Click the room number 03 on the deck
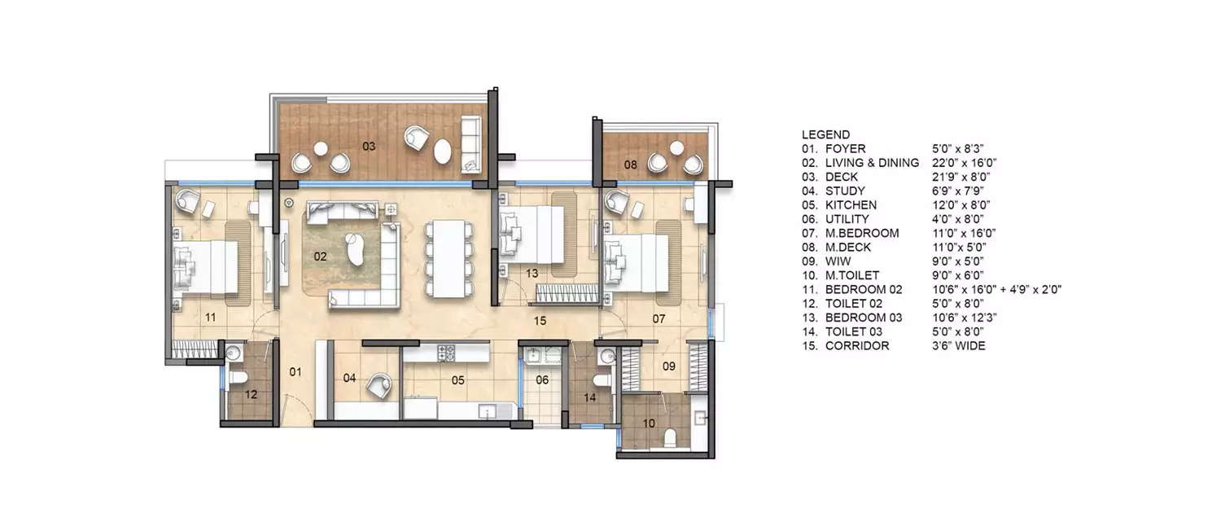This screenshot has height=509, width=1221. (369, 147)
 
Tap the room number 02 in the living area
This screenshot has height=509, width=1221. (320, 256)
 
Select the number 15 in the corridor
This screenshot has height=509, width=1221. (539, 321)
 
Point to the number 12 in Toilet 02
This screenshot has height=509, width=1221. (252, 394)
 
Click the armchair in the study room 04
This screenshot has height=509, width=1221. (379, 384)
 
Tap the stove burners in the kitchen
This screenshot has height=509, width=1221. (447, 353)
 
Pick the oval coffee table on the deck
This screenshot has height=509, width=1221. (444, 151)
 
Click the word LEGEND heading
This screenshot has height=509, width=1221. (825, 134)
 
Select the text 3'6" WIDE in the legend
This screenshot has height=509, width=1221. (959, 346)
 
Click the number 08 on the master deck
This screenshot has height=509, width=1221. (630, 165)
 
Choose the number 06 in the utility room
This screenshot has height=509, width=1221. (542, 380)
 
